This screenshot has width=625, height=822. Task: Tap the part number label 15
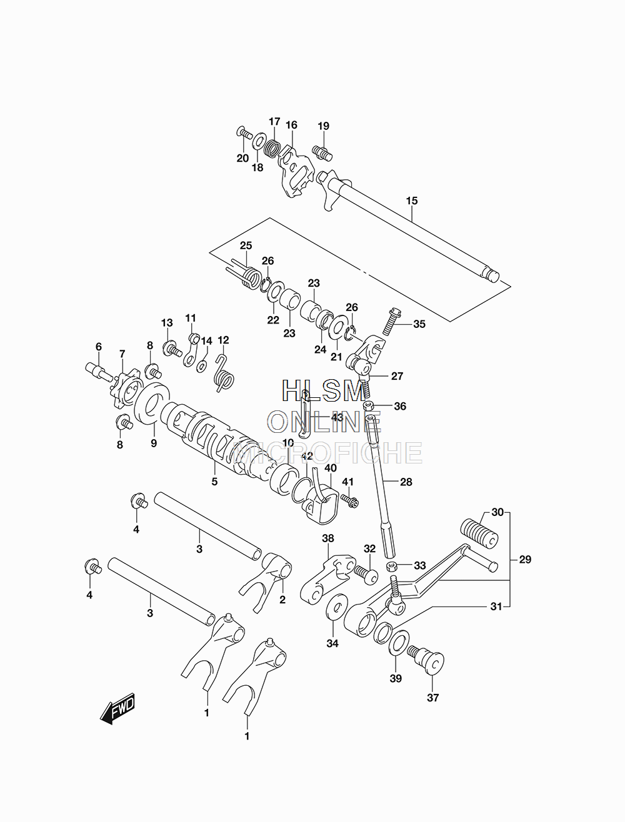pyautogui.click(x=411, y=201)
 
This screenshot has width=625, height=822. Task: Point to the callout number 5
pyautogui.click(x=214, y=482)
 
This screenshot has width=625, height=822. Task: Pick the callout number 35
pyautogui.click(x=419, y=324)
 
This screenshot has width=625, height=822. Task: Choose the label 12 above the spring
pyautogui.click(x=223, y=340)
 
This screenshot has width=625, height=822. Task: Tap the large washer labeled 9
pyautogui.click(x=151, y=404)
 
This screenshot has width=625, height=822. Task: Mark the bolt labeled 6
pyautogui.click(x=99, y=371)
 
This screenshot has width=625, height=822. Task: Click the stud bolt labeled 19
pyautogui.click(x=322, y=152)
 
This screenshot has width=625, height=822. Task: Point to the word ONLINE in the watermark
pyautogui.click(x=325, y=422)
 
